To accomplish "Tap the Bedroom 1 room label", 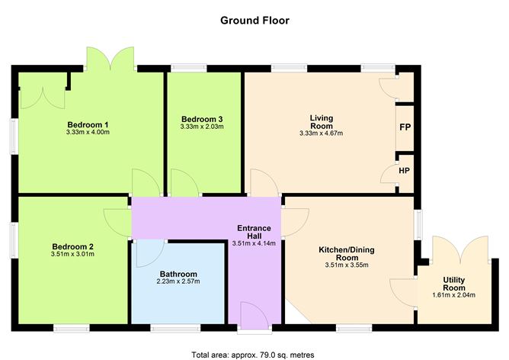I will pos(88,124).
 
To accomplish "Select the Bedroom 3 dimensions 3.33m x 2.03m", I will pos(202,127).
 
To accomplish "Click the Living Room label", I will pos(321,121).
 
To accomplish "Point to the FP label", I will pos(405,127).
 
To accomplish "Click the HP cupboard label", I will pos(405,169).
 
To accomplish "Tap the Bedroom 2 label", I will pos(72,246).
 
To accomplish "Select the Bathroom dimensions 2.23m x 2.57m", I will pos(178,283).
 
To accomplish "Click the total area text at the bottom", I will pos(253,355).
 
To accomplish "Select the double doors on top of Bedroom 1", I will pos(110,59).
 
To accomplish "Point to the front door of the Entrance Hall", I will pos(253,316).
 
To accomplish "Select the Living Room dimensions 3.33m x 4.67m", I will pos(321,133).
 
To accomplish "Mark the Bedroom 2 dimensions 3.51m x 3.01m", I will pos(72,256).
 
